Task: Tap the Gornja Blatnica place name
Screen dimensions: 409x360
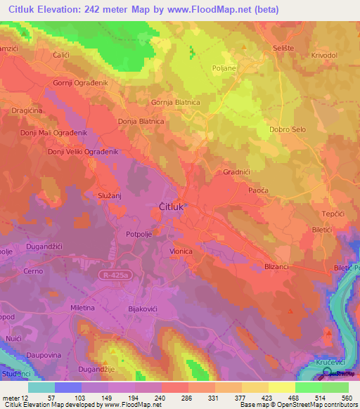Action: (176, 103)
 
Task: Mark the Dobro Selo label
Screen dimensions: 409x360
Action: (288, 130)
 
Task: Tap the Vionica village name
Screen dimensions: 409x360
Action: (181, 250)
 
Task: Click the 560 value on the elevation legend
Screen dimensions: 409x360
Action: (345, 398)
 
